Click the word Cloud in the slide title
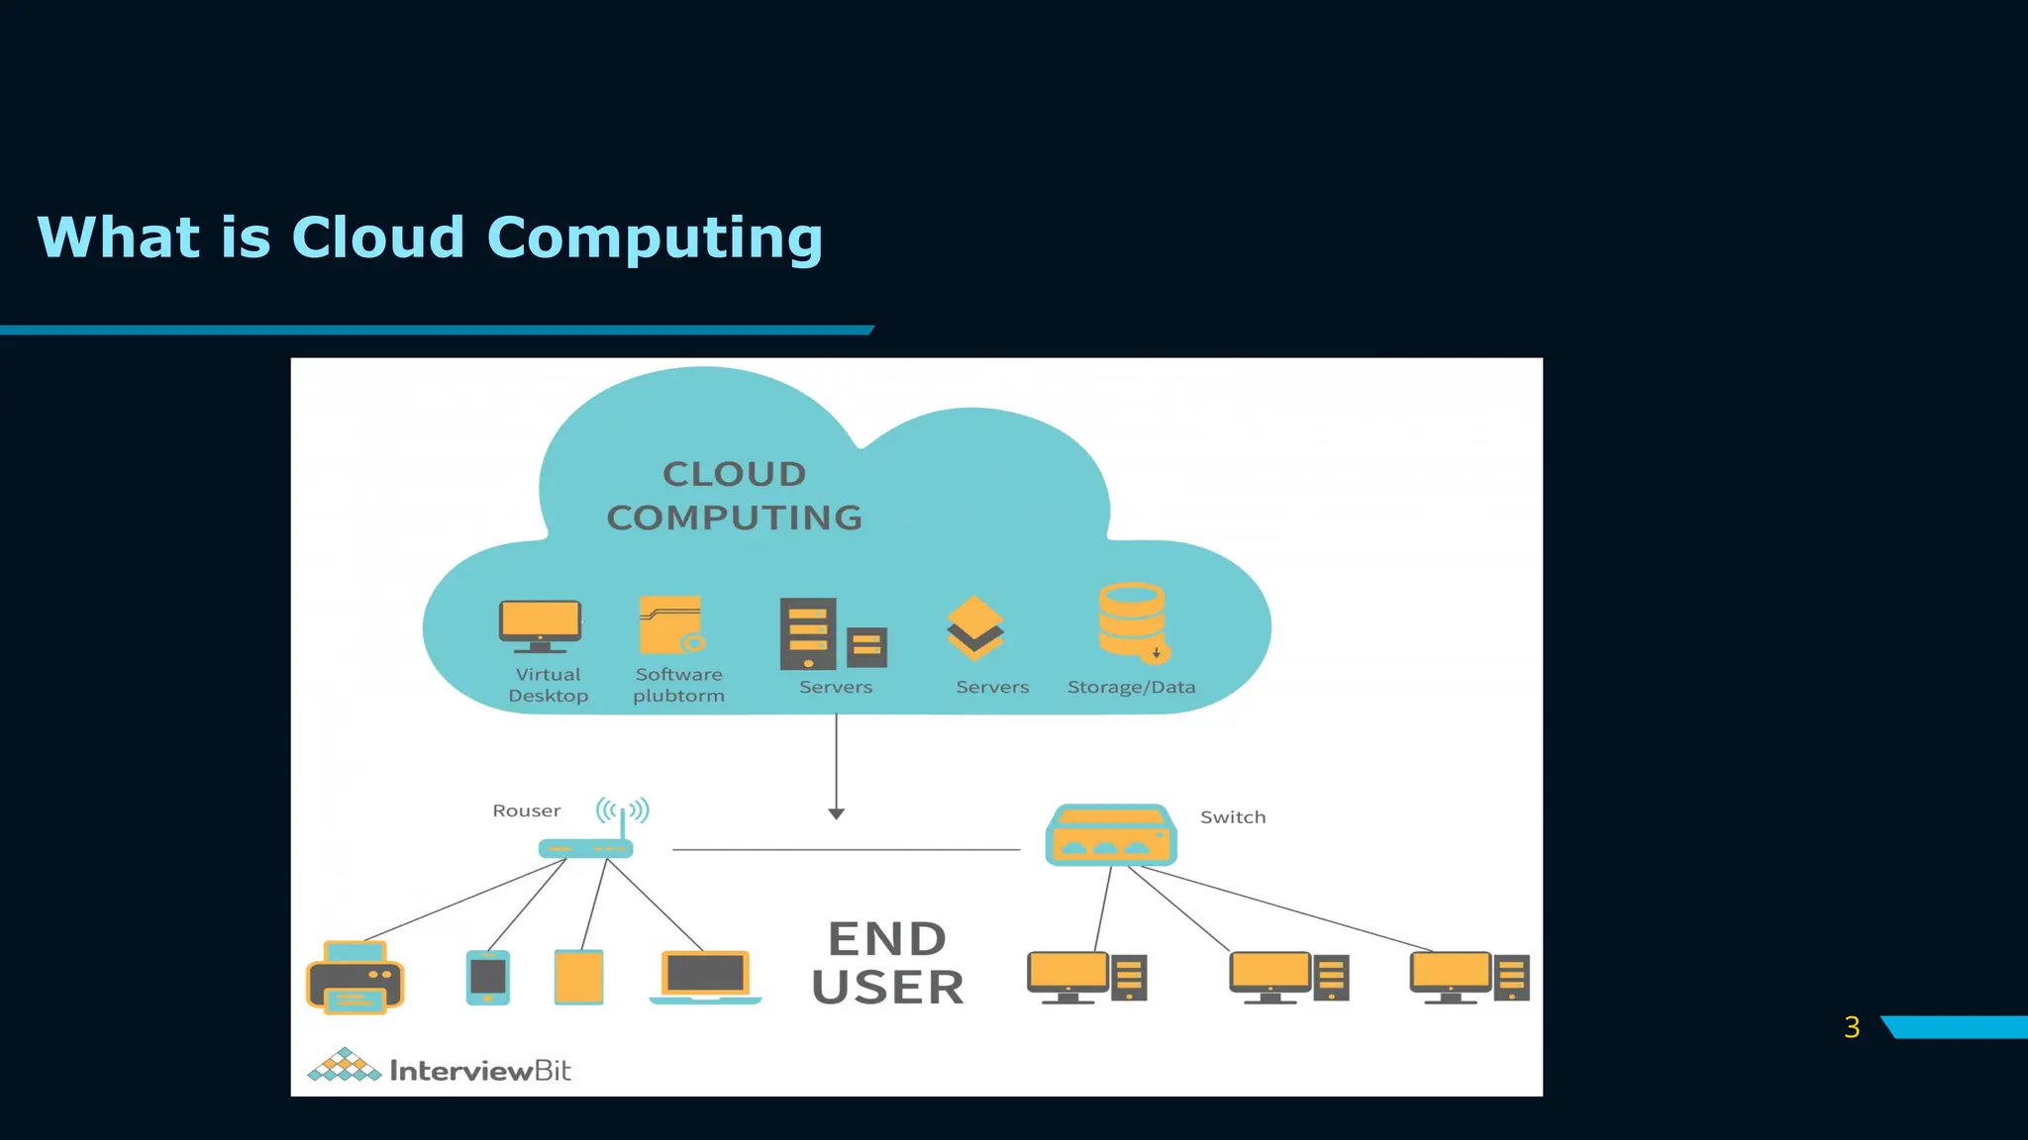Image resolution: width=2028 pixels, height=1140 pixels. [x=377, y=237]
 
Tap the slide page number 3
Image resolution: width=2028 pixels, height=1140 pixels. [x=1852, y=1027]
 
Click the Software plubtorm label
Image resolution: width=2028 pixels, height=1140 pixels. [x=678, y=685]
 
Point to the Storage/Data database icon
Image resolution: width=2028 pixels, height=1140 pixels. [x=1133, y=621]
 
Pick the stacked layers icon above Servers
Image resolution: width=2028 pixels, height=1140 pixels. [x=974, y=627]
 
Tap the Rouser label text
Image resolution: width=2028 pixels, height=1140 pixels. [x=526, y=810]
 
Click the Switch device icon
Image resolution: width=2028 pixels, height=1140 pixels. [x=1110, y=835]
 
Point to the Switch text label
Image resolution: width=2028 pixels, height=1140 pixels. [x=1232, y=817]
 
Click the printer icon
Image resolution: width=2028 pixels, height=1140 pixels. [x=355, y=978]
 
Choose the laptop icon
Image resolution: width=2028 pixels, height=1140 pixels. [x=705, y=977]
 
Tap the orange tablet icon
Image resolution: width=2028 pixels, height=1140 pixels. [x=578, y=977]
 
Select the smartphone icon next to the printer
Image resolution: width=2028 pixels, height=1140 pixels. [x=487, y=977]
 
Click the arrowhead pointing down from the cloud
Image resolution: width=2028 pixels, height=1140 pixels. [x=836, y=813]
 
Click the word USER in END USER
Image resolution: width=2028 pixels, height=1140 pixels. [x=887, y=988]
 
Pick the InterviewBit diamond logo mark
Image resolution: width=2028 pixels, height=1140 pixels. [x=344, y=1066]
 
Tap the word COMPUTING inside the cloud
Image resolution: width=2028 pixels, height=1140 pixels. [x=734, y=518]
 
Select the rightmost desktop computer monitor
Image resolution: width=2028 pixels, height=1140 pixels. [x=1450, y=974]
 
